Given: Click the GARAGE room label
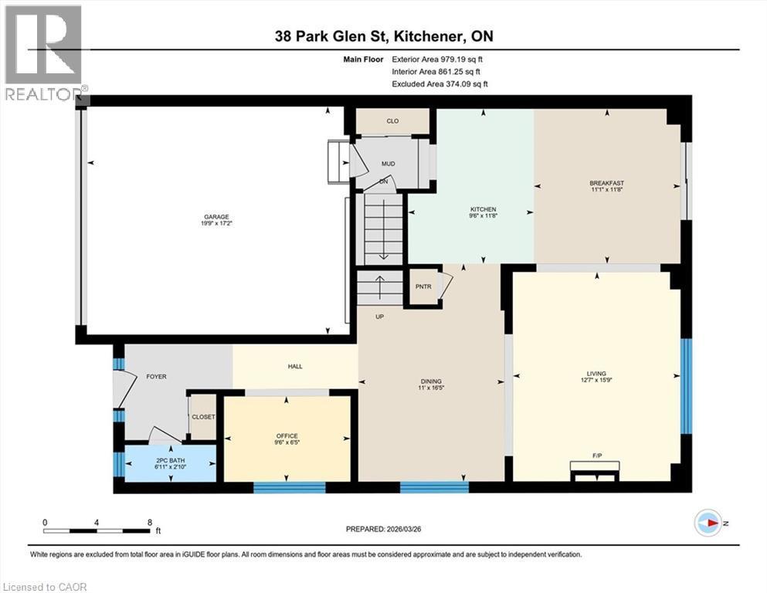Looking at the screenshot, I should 216,217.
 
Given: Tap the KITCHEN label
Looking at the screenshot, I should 484,209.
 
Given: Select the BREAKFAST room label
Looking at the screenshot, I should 606,183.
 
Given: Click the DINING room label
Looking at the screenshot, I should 430,381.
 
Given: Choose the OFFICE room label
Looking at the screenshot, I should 287,436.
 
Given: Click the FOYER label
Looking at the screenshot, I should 156,377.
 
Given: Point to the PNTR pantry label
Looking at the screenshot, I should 422,286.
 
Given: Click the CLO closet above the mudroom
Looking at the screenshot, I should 392,121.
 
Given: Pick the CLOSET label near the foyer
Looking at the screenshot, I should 204,417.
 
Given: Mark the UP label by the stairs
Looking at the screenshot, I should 379,317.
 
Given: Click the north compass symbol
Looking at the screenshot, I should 708,524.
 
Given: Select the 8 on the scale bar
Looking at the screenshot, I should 149,522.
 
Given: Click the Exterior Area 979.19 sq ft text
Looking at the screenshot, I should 439,59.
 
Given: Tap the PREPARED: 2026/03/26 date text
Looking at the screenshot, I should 383,529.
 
